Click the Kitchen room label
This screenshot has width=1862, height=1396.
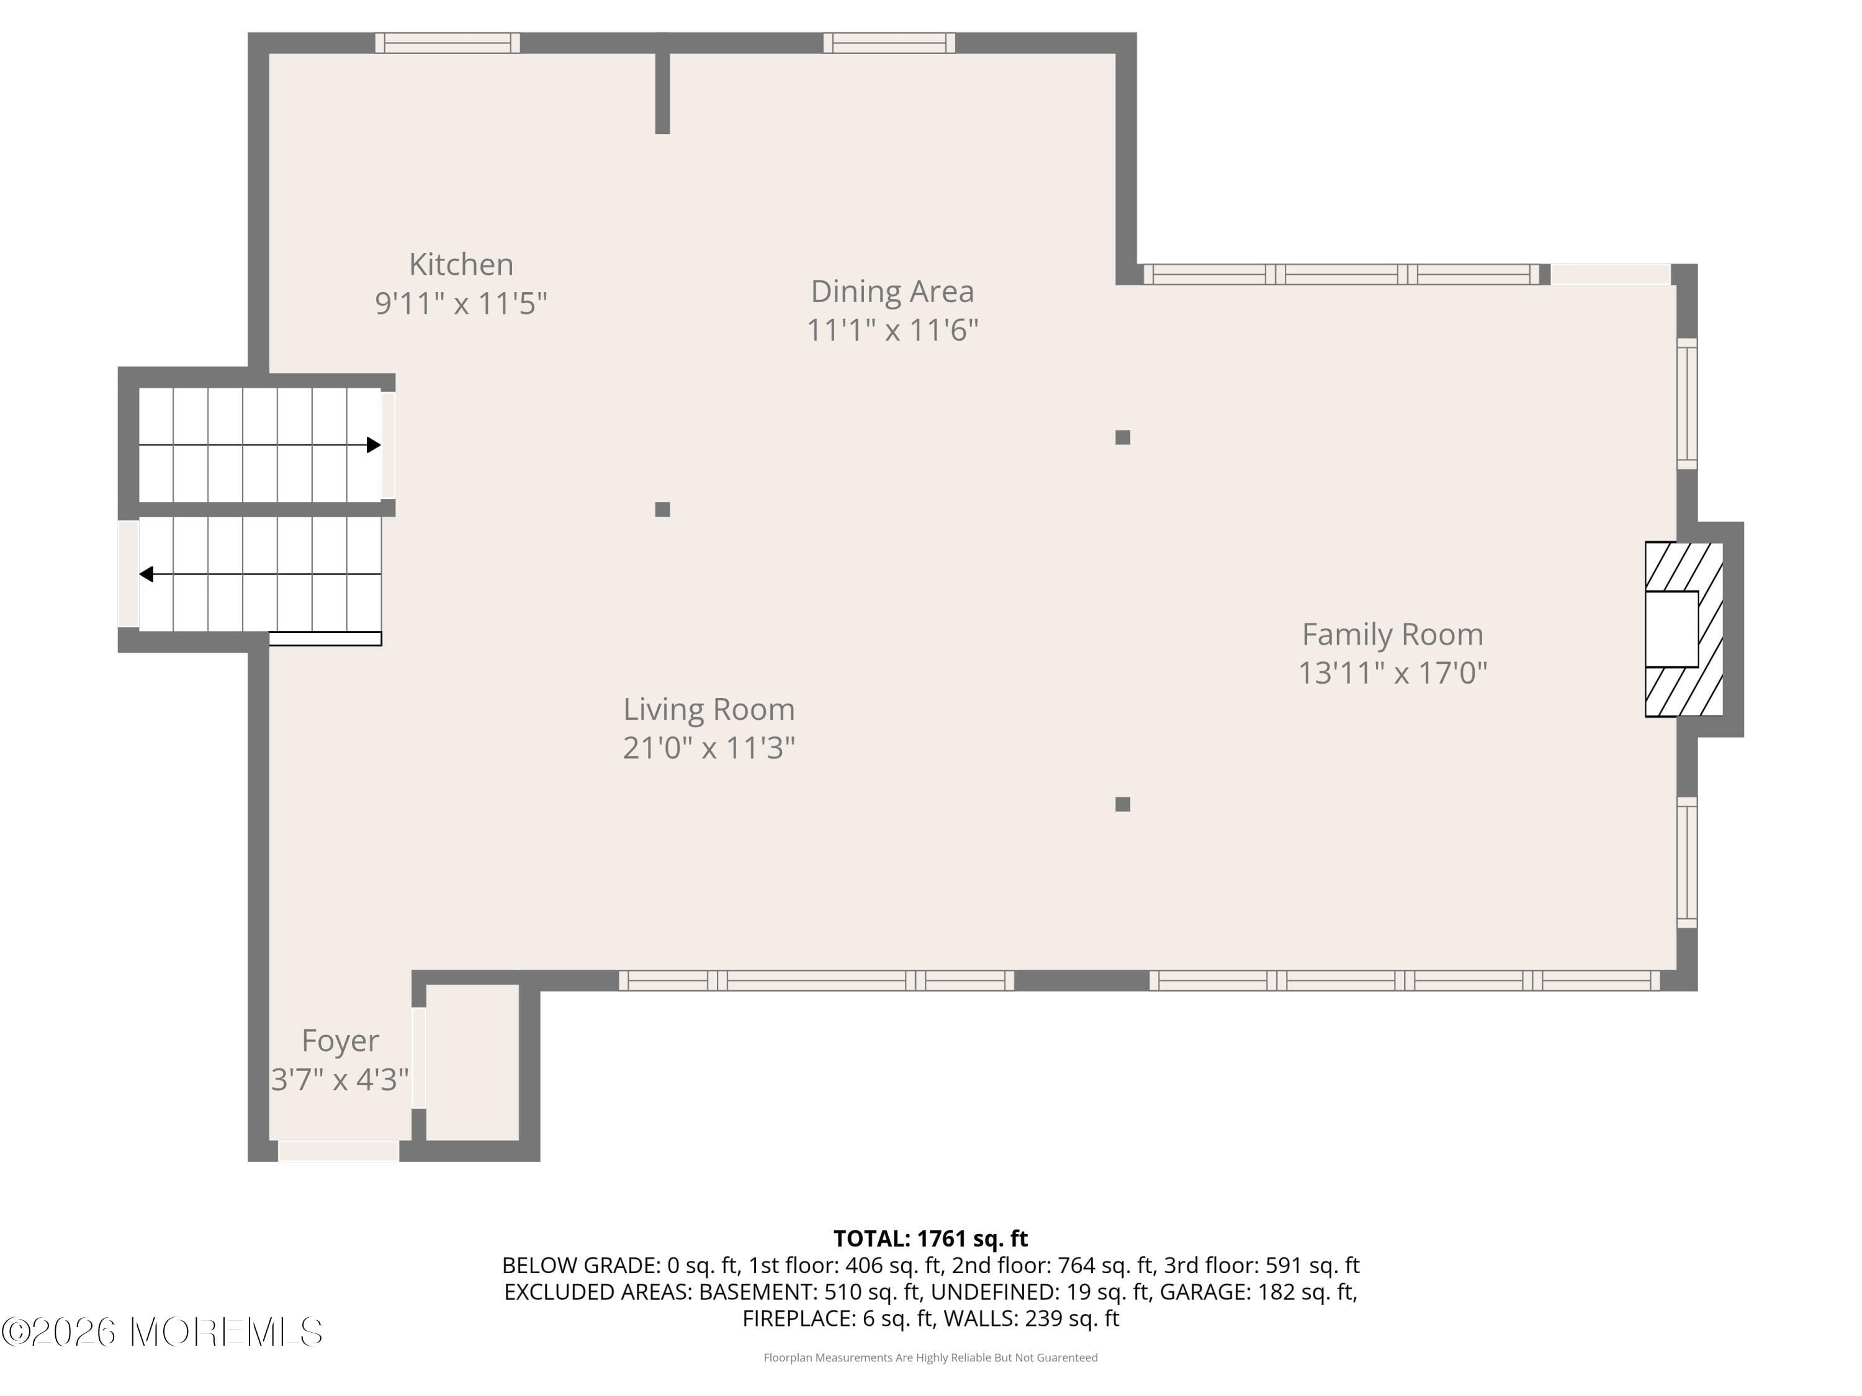[461, 264]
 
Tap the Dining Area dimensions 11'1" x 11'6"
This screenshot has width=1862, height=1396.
[893, 330]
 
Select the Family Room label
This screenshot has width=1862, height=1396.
[1392, 635]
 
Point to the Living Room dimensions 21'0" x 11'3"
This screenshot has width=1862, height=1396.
[709, 747]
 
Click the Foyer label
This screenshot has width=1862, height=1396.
[340, 1041]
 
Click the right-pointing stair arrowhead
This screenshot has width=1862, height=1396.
[374, 445]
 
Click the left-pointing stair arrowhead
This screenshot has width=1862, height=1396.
[146, 575]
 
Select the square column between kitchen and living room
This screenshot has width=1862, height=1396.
[662, 509]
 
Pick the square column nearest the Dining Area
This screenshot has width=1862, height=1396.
[1122, 437]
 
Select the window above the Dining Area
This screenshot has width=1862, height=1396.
[889, 43]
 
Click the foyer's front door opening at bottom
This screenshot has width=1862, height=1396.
[338, 1150]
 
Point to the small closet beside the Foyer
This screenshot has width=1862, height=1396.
[472, 1062]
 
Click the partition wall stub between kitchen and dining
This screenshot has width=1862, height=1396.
[662, 92]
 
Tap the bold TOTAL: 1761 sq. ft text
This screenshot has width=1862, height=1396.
[930, 1238]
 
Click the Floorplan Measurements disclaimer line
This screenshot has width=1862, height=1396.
[930, 1358]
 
